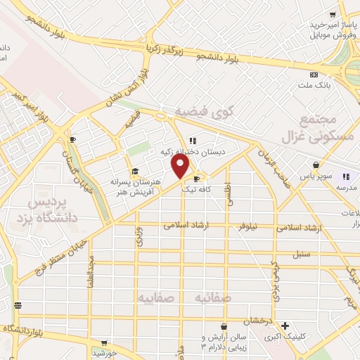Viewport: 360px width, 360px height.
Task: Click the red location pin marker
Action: [181, 165]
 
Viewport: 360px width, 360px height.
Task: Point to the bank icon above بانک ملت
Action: [314, 75]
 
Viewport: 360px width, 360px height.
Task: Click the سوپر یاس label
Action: [309, 176]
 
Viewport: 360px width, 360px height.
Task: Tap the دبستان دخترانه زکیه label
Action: [194, 151]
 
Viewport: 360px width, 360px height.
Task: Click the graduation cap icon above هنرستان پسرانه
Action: [134, 171]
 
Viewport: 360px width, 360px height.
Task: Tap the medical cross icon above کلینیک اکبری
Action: [285, 326]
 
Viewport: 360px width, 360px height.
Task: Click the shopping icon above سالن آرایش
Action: [224, 326]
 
